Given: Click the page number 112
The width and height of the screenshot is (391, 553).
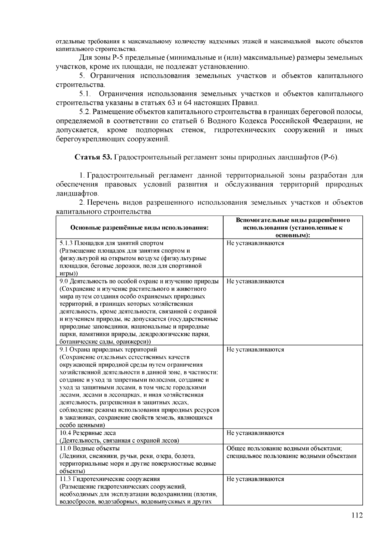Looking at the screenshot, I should [357, 515].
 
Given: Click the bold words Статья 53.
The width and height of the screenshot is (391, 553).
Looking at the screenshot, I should [94, 157].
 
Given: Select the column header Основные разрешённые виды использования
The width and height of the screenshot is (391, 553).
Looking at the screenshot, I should [139, 227].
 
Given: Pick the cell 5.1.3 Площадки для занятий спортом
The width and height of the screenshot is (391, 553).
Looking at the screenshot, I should [112, 243].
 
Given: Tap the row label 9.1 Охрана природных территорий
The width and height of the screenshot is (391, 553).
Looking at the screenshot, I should [109, 350].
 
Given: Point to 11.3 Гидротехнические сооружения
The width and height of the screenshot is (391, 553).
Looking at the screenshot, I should [110, 479].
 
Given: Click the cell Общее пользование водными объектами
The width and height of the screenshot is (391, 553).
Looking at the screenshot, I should [283, 448].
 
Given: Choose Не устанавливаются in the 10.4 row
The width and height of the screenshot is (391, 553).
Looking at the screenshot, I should [255, 433].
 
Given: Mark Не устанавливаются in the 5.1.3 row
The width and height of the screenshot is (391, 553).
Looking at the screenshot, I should [255, 243].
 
